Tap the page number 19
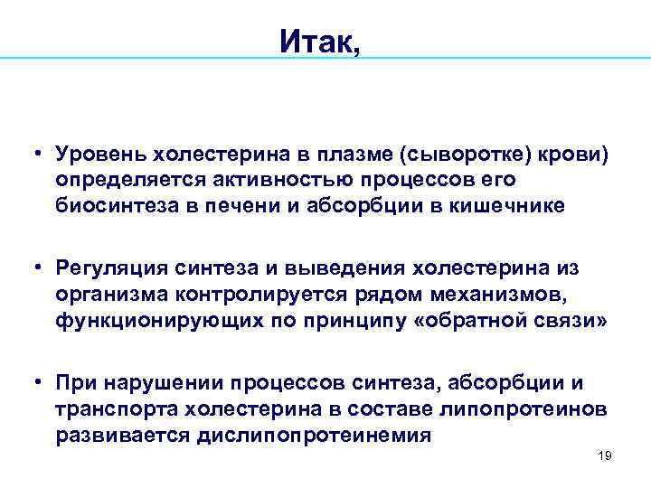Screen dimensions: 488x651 click(x=605, y=455)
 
